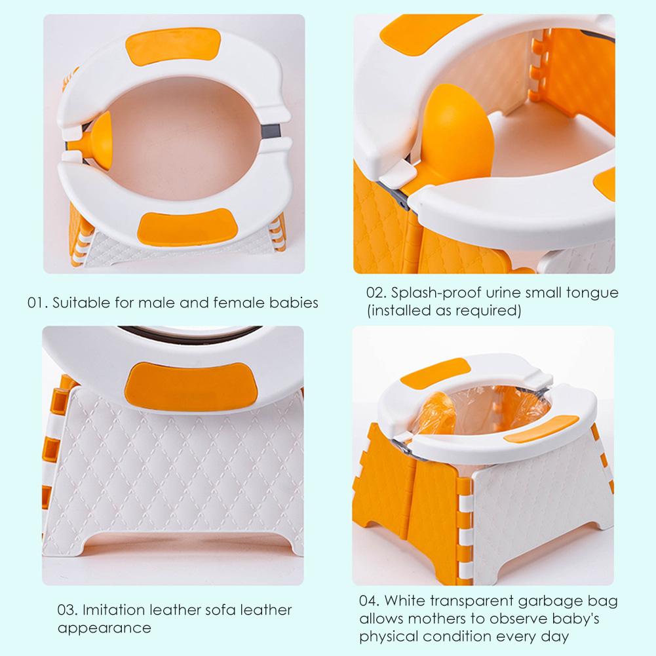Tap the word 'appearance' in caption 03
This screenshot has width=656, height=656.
104,627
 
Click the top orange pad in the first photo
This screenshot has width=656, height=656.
170,51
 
